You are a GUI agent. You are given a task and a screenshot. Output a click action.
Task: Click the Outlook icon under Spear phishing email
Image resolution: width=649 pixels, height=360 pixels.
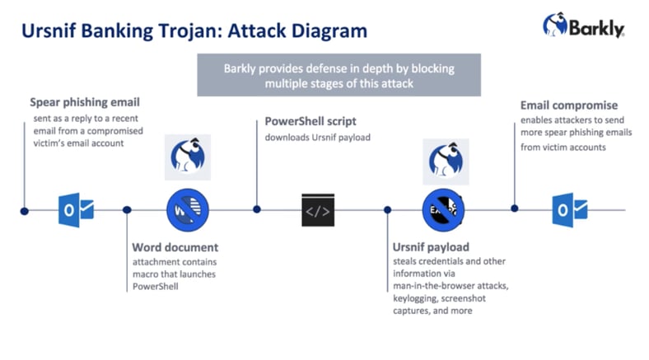76,210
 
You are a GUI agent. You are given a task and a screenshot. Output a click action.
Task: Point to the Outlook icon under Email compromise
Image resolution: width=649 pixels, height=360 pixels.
572,210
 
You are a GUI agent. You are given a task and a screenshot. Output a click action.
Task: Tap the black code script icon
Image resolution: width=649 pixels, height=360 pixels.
318,210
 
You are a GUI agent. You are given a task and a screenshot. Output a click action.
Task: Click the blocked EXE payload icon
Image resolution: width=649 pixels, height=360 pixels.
444,210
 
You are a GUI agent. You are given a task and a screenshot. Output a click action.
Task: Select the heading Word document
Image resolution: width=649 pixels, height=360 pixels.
175,247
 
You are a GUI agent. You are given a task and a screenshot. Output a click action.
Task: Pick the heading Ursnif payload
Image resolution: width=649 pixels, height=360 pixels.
431,247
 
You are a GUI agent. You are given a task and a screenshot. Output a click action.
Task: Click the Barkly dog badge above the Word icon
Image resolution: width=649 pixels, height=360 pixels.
187,157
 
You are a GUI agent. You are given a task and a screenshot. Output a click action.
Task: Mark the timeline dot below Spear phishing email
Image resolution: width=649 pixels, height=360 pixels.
24,211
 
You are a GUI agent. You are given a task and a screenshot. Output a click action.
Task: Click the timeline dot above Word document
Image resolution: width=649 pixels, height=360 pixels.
127,211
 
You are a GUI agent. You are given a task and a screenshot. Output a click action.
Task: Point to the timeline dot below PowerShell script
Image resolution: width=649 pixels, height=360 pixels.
257,211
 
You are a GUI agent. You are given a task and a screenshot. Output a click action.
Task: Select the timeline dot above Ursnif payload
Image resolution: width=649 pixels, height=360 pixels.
387,211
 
